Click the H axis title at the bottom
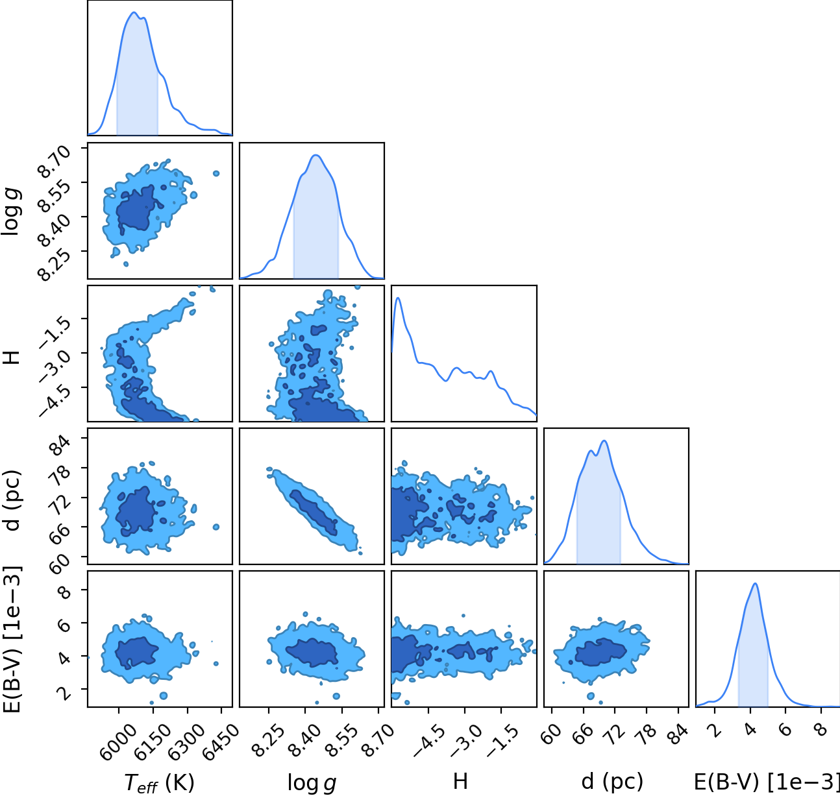click(460, 781)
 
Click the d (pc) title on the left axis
click(13, 500)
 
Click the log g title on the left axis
click(13, 211)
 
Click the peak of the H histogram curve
click(398, 298)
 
